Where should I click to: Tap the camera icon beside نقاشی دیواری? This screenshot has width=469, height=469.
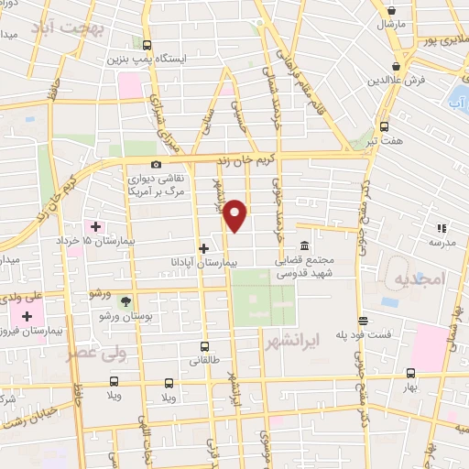157,165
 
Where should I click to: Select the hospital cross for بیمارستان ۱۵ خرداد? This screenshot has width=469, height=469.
95,224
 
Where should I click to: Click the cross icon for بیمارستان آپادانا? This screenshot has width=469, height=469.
203,247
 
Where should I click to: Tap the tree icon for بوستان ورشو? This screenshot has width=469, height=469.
125,300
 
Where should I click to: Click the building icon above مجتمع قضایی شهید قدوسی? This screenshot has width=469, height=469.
304,246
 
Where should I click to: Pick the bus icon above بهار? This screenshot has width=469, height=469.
410,373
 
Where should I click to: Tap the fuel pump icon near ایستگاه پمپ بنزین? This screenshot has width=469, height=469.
147,44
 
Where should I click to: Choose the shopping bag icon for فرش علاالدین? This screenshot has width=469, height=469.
396,66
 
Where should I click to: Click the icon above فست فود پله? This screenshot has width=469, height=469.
364,321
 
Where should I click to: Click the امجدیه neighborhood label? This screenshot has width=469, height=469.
417,278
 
